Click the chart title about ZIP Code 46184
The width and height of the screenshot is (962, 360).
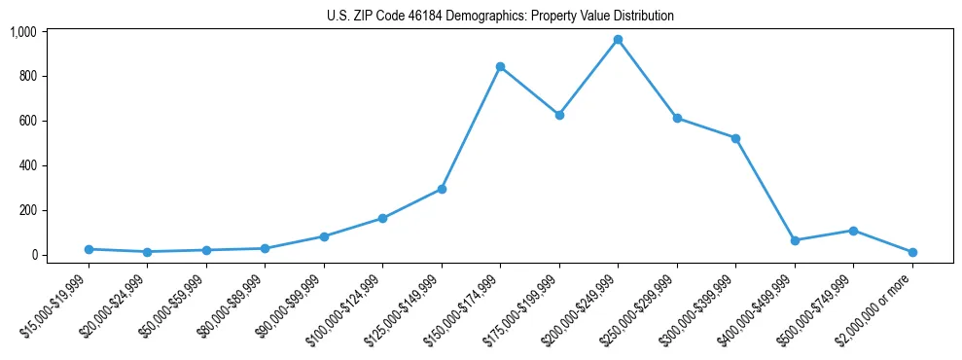point(500,17)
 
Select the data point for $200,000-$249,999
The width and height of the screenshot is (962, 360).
point(618,40)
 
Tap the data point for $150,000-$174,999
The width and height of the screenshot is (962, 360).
point(500,66)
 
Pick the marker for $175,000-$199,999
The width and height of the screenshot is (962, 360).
point(559,115)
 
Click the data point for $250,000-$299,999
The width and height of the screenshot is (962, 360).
point(677,119)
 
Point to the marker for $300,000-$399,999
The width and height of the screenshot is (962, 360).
point(735,138)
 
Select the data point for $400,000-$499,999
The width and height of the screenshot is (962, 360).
point(795,240)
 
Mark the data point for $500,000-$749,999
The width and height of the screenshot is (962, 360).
point(853,231)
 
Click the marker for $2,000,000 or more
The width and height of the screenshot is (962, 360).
point(912,252)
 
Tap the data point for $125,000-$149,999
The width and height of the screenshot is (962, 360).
point(442,189)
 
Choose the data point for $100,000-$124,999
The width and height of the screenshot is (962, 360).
point(382,218)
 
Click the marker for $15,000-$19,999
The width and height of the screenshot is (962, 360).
point(89,249)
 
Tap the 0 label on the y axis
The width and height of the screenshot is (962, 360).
point(33,255)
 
